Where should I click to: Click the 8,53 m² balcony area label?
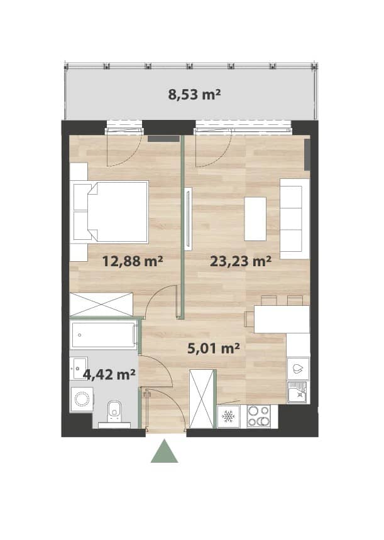[x=194, y=94]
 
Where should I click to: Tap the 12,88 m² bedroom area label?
[x=133, y=261]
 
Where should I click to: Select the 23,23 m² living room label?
[x=241, y=261]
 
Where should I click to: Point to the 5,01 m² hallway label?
[x=214, y=348]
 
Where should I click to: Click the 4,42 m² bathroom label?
[x=109, y=374]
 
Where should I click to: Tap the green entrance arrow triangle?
[x=165, y=451]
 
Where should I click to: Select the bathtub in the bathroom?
[x=104, y=335]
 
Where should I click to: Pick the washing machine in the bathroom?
[x=82, y=399]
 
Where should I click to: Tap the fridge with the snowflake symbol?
[x=228, y=416]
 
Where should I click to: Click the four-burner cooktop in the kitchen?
[x=259, y=416]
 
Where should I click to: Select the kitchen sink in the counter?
[x=298, y=392]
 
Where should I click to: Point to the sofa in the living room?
[x=295, y=219]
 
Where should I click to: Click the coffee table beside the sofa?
[x=255, y=219]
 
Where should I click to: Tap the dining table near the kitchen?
[x=282, y=319]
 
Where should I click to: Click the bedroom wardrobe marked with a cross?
[x=101, y=305]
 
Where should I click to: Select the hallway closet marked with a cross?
[x=203, y=399]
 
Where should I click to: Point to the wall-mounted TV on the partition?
[x=188, y=219]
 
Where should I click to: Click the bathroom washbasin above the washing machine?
[x=79, y=369]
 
